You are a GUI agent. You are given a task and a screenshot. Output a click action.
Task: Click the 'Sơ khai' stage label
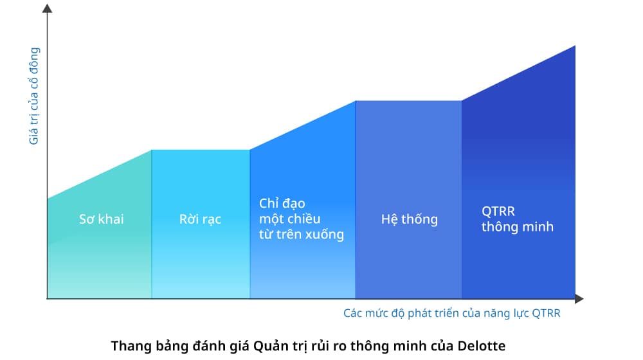pos(102,219)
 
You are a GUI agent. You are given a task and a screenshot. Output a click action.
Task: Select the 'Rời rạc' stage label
pos(200,219)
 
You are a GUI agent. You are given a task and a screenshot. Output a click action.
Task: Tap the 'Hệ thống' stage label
pos(409,219)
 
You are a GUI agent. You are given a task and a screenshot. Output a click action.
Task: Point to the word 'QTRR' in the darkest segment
pos(498,211)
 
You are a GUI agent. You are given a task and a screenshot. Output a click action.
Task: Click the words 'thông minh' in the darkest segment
pos(518,227)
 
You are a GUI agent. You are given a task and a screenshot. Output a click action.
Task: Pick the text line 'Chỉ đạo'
pos(282,203)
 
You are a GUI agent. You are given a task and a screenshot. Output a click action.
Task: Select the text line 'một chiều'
pos(289,219)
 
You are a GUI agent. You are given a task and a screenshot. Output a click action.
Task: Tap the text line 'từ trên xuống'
pos(302,234)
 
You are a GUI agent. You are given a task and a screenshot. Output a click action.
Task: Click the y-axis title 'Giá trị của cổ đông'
pos(33,96)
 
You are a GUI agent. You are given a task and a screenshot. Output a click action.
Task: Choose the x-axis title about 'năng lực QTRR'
pos(452,313)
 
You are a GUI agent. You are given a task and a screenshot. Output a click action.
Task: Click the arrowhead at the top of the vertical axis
pos(47,8)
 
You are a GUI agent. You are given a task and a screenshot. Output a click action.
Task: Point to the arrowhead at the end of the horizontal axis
pos(579,299)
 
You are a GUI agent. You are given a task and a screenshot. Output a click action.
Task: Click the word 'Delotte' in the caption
pos(482,346)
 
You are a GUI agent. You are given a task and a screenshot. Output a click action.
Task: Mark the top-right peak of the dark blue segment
pos(575,46)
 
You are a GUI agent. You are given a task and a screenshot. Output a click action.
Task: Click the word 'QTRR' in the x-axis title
pos(546,313)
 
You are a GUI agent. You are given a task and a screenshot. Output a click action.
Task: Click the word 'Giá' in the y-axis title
pos(33,136)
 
